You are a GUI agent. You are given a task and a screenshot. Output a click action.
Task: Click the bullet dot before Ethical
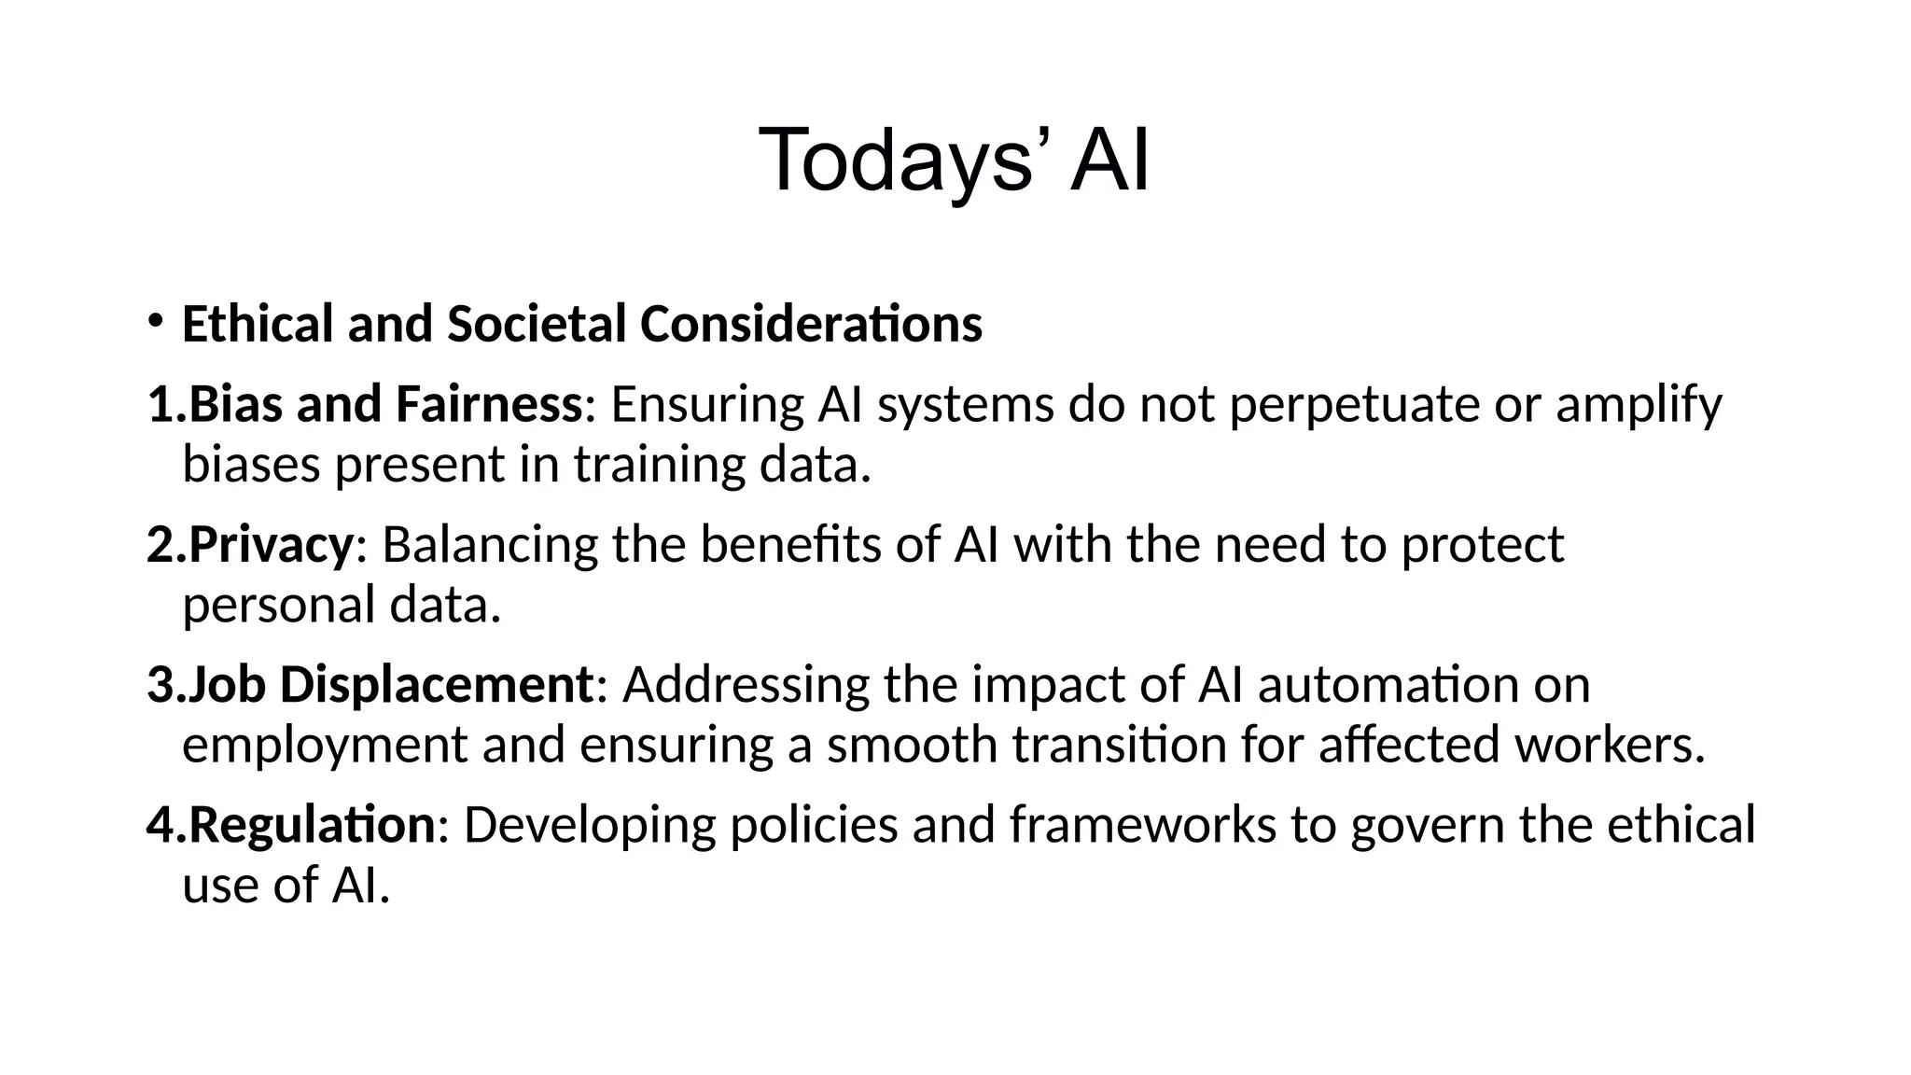tap(155, 321)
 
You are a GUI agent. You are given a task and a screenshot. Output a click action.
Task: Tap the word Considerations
tap(811, 324)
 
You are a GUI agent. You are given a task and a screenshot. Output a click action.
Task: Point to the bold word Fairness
tap(489, 405)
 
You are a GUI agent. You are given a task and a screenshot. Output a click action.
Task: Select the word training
tap(660, 465)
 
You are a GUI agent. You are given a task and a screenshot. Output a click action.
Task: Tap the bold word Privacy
tap(272, 545)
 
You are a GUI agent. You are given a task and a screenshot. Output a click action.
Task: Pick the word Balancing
tap(490, 545)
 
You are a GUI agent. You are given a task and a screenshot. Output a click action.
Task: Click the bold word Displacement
tap(436, 685)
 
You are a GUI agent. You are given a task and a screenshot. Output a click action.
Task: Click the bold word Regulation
tap(312, 825)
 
